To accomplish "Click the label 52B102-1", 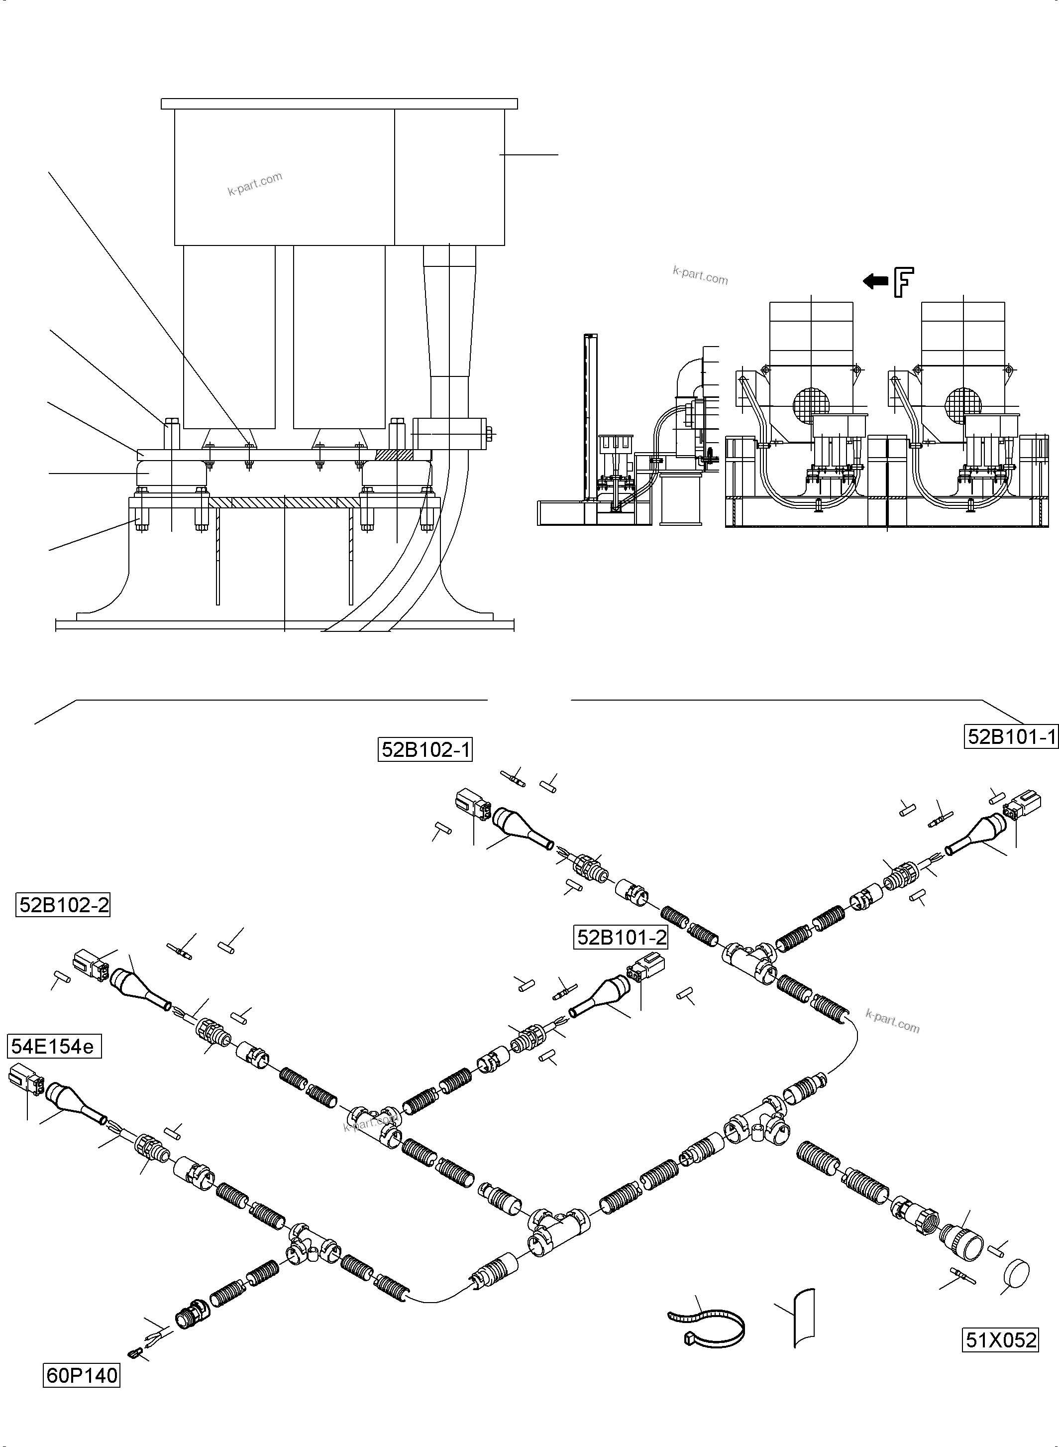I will pyautogui.click(x=425, y=749).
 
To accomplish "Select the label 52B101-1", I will pyautogui.click(x=1010, y=737).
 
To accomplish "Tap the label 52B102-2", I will pyautogui.click(x=63, y=905).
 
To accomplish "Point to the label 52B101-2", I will pyautogui.click(x=621, y=937).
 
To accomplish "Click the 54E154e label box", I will pyautogui.click(x=54, y=1047).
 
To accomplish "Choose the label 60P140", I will pyautogui.click(x=82, y=1375).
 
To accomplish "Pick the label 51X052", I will pyautogui.click(x=1000, y=1340).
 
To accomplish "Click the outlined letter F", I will pyautogui.click(x=903, y=283).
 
